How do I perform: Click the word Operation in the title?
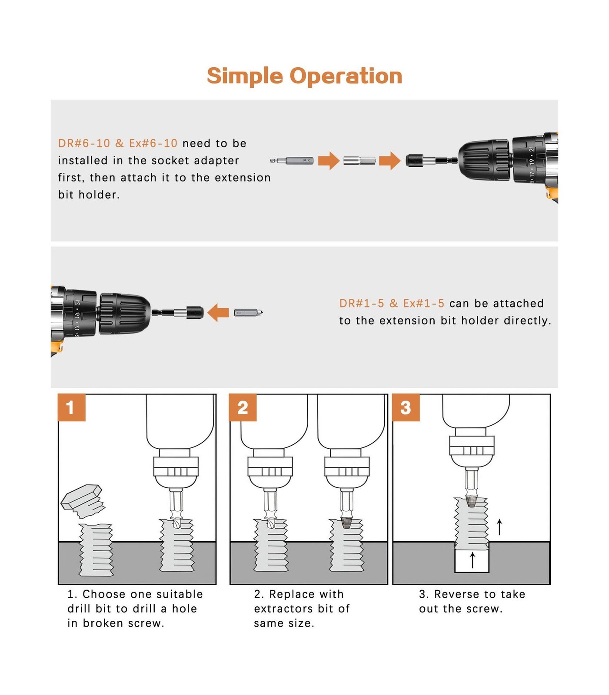[346, 76]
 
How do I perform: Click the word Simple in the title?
[245, 76]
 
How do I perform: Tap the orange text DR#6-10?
[84, 143]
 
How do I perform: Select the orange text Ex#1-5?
[424, 303]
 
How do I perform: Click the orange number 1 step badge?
[71, 407]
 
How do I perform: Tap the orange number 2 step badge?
[243, 407]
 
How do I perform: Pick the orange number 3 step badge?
[406, 407]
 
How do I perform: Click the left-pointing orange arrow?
[218, 312]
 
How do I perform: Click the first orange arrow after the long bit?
[329, 161]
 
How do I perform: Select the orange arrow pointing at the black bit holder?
[389, 161]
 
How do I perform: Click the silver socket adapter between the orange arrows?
[359, 161]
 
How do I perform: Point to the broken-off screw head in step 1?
[83, 501]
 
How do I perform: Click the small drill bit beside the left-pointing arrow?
[249, 312]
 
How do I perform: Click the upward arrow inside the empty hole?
[473, 560]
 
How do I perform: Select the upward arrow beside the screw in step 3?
[500, 527]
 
